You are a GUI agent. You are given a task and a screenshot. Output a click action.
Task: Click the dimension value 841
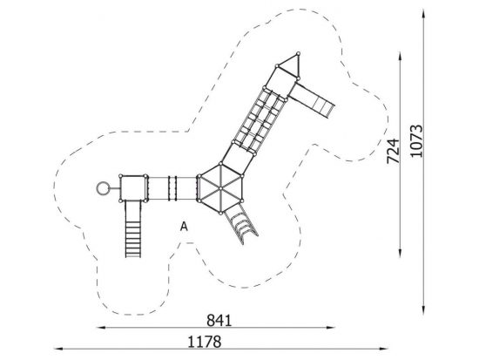tap(219, 321)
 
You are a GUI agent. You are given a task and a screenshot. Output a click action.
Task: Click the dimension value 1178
tap(204, 342)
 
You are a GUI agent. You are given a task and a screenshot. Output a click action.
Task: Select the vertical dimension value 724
tap(393, 151)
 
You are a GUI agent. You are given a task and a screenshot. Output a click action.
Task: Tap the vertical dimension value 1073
tap(416, 140)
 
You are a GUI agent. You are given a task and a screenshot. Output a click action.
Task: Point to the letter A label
tap(184, 227)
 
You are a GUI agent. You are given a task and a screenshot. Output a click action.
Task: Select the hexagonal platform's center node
tap(220, 188)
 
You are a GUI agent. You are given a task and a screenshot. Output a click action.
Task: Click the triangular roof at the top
tap(291, 65)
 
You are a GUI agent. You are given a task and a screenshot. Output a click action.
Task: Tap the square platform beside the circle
tap(133, 188)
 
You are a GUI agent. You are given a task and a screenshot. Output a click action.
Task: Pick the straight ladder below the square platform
tap(133, 228)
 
